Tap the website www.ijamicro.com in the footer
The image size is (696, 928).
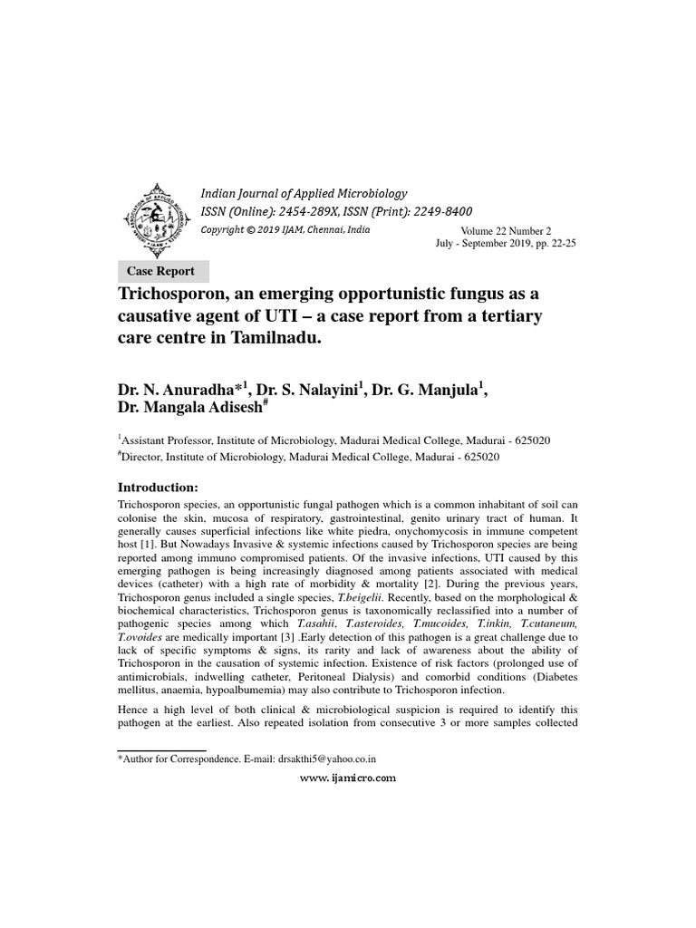coord(348,778)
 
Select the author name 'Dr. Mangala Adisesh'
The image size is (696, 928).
coord(189,409)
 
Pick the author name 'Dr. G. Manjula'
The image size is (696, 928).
coord(423,389)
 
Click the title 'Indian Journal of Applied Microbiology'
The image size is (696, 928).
coord(304,193)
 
